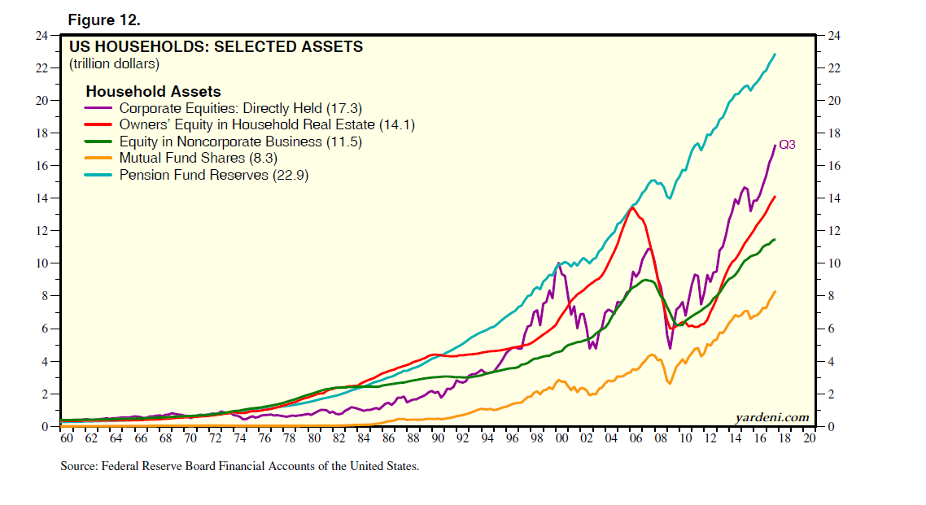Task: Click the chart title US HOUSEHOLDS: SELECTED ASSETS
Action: click(216, 47)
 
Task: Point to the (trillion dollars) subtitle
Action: click(114, 63)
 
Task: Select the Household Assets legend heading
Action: click(153, 92)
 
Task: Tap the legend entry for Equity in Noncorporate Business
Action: click(239, 141)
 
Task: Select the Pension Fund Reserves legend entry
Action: click(213, 175)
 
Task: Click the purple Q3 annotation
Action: click(787, 146)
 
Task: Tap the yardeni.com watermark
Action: click(772, 418)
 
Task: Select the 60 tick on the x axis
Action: click(67, 438)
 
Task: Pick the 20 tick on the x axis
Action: click(809, 438)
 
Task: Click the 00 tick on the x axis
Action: click(561, 438)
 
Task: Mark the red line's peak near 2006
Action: click(632, 207)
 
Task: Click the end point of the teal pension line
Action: click(775, 54)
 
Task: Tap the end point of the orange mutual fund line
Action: click(775, 291)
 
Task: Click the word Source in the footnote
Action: click(78, 467)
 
